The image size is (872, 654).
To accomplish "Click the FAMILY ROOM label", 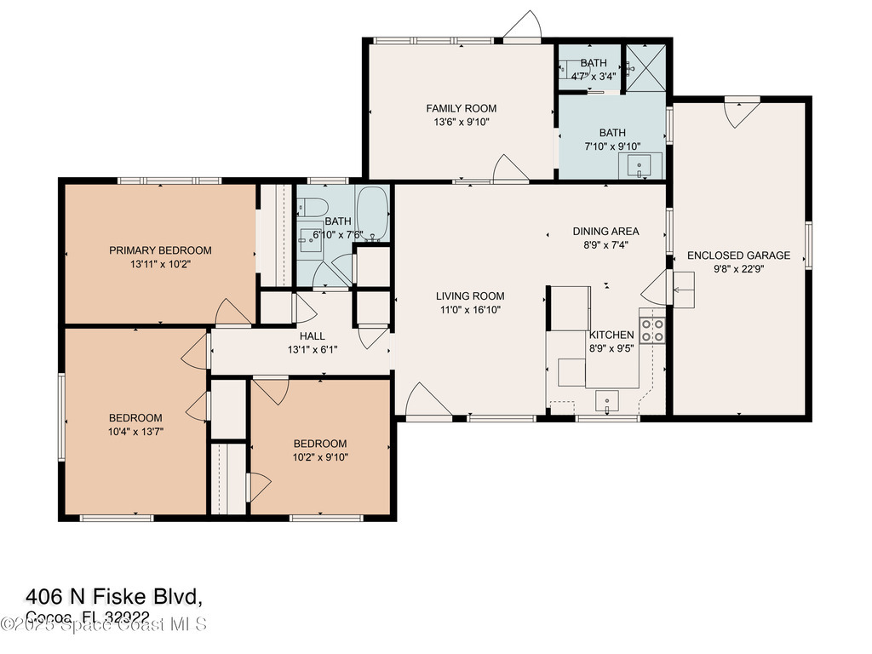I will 461,108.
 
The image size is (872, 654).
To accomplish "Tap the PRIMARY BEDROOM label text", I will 160,250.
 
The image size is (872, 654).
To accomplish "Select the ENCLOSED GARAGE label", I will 738,255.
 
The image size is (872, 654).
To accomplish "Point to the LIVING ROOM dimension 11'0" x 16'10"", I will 470,310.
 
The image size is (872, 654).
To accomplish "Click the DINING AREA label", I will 605,231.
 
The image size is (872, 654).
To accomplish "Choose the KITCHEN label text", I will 611,335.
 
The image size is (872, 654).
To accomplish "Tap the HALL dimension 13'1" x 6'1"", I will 312,349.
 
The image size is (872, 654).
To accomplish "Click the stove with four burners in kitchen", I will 652,330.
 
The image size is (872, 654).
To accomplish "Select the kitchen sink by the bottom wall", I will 607,399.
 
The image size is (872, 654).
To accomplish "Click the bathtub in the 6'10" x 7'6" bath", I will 371,213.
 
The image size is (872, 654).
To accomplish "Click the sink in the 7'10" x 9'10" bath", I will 639,164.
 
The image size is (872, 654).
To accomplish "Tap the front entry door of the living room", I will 428,402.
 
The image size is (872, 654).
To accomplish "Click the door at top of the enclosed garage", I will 741,112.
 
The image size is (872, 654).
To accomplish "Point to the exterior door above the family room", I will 523,26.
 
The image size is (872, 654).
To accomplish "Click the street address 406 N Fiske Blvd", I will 114,595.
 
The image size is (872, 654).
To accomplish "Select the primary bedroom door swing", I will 232,313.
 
